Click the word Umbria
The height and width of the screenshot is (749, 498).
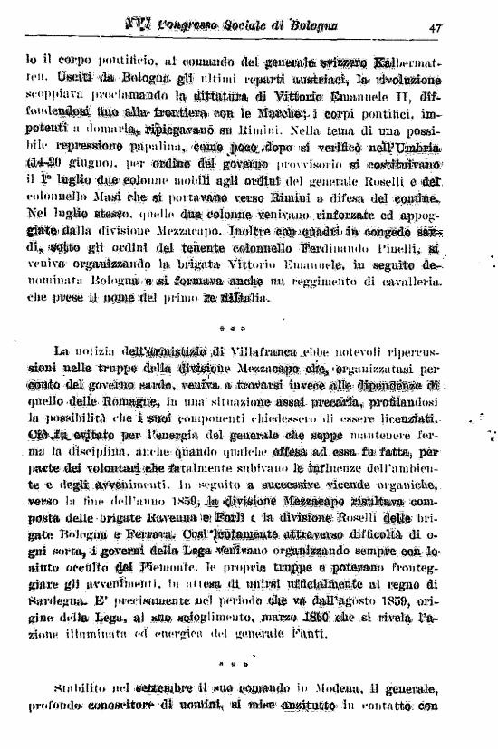click(x=418, y=147)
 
